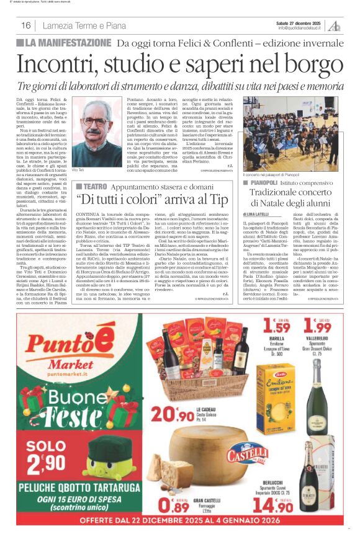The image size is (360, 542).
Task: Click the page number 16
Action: pyautogui.click(x=26, y=25)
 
